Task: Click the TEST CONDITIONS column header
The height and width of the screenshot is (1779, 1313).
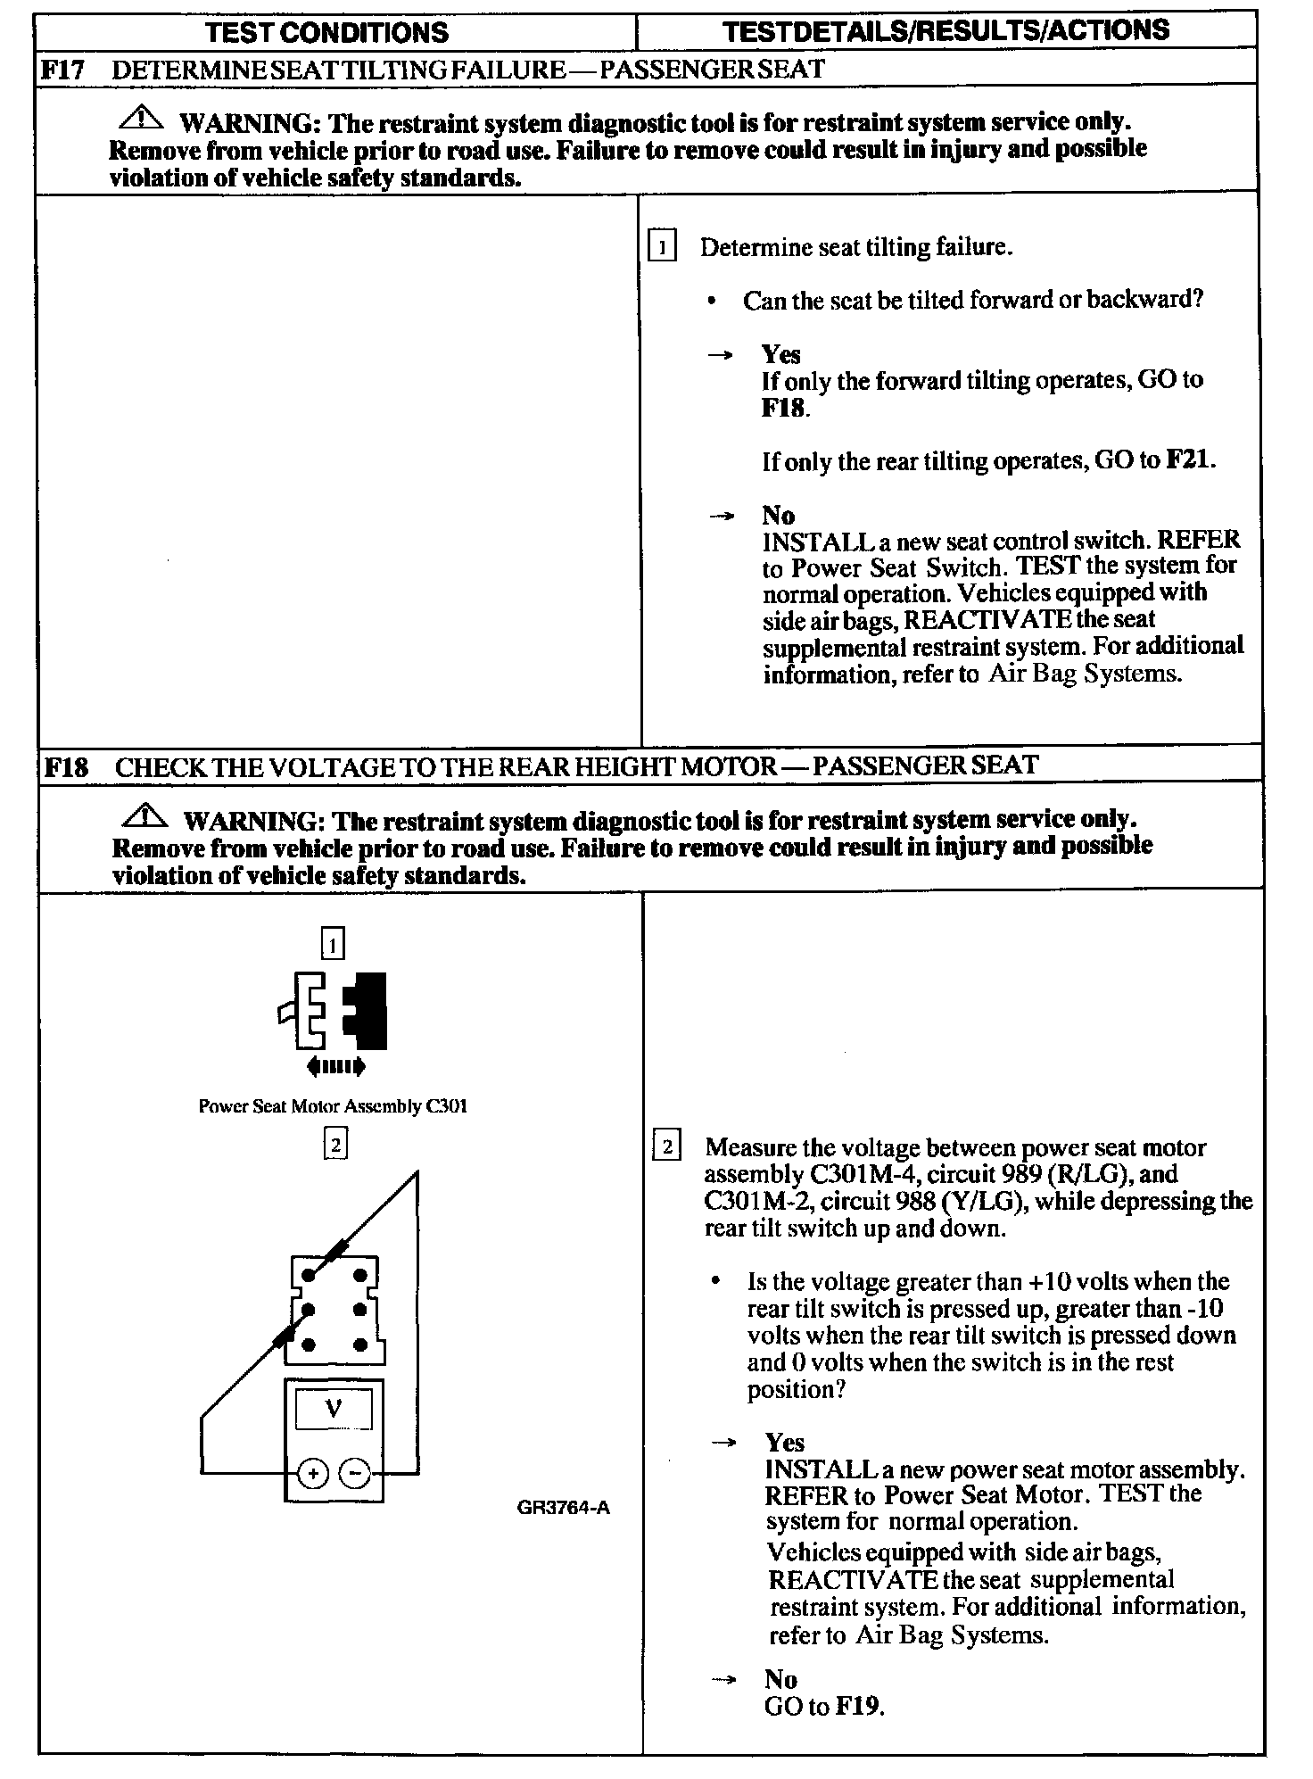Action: (326, 33)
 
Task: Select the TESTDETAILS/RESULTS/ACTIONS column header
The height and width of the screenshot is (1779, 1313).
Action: (946, 31)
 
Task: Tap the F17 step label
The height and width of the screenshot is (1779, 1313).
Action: (62, 70)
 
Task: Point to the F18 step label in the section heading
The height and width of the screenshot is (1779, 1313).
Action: (66, 766)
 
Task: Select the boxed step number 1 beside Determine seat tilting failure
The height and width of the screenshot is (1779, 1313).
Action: (662, 245)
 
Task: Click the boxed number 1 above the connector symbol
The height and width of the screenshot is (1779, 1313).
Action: (332, 944)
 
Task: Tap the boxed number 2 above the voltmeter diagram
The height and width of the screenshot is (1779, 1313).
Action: (334, 1144)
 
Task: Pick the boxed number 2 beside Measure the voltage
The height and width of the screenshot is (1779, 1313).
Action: (667, 1146)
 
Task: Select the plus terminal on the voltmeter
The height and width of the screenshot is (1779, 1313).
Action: (312, 1474)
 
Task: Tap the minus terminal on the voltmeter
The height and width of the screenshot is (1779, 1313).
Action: (356, 1474)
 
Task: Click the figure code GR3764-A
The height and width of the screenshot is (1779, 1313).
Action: (563, 1509)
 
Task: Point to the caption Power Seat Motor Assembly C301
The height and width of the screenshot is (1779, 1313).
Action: (332, 1106)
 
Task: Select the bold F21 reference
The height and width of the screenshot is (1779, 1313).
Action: (1190, 460)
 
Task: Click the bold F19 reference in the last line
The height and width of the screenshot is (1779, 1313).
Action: (858, 1707)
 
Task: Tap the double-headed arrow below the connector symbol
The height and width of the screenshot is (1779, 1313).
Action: (334, 1065)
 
